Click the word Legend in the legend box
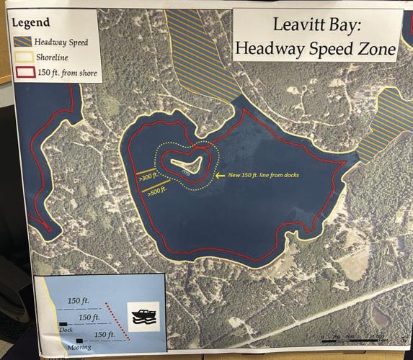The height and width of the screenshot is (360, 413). coord(30,22)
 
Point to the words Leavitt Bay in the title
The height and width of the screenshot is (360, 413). coord(311,25)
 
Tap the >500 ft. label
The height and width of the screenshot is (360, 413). coord(156,191)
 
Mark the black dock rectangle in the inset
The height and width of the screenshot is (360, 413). coord(63,322)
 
